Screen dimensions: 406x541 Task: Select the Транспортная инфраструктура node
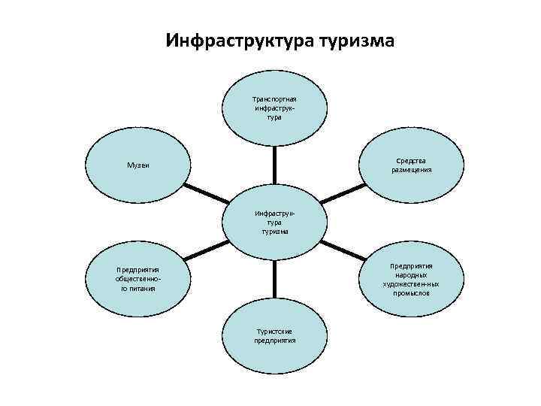pos(274,108)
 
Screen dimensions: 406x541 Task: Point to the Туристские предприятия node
pos(274,336)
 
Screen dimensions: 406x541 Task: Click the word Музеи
pos(137,165)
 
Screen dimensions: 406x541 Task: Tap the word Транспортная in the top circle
pos(274,98)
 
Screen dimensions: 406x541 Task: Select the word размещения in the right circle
pos(411,170)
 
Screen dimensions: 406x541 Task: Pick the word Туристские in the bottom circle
pos(274,331)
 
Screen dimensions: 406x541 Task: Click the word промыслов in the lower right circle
pos(411,293)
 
